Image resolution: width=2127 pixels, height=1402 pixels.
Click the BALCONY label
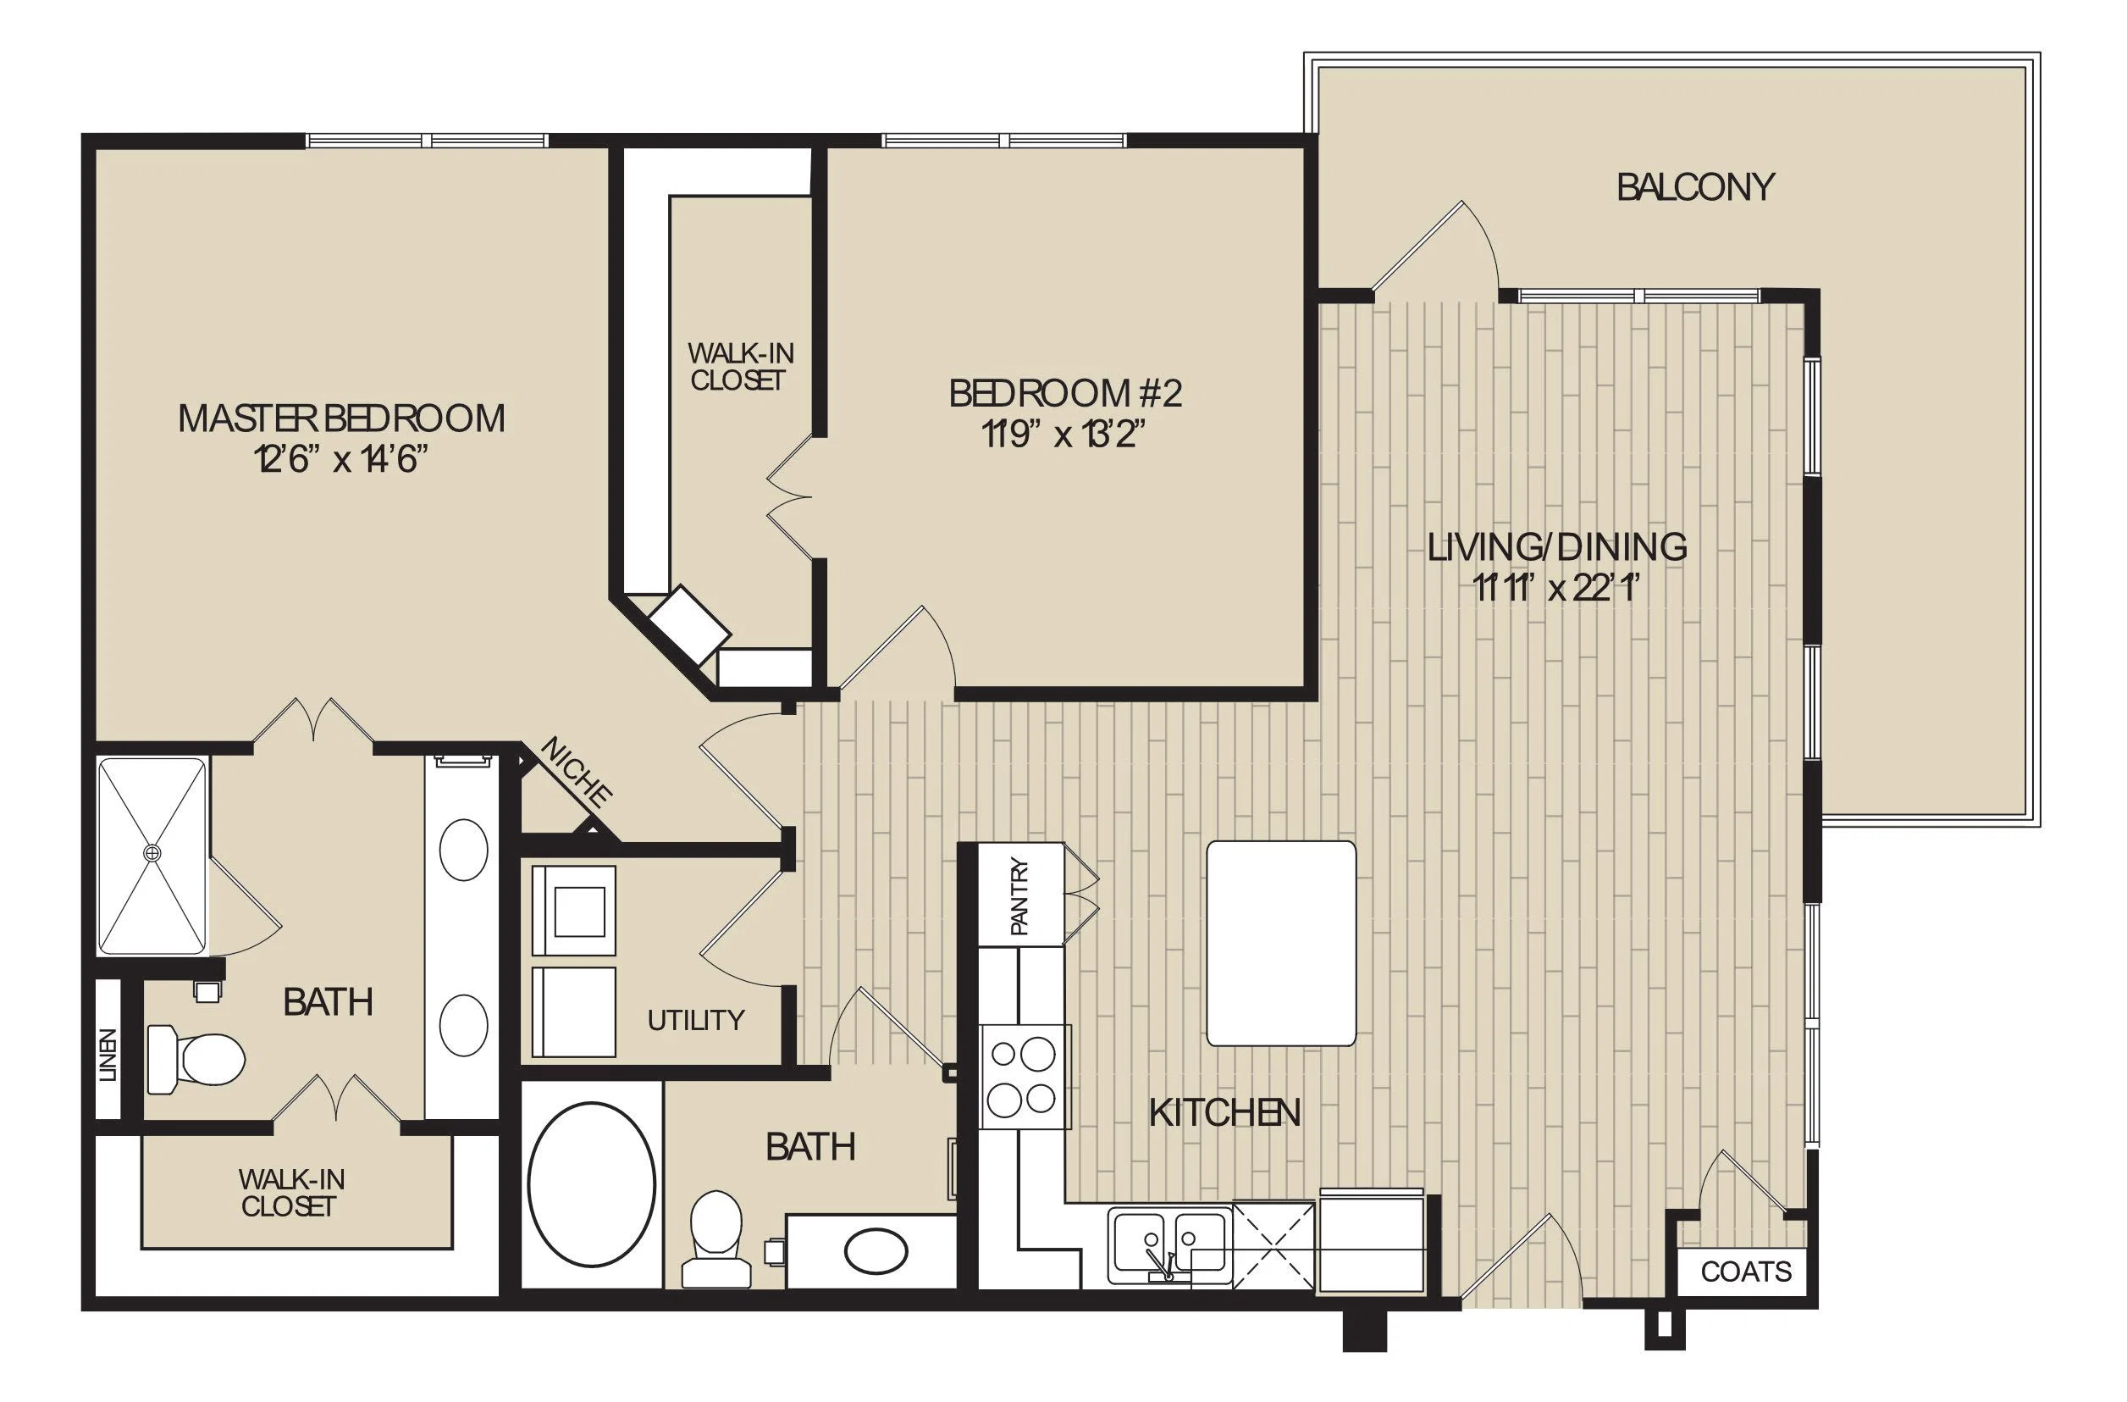pos(1695,187)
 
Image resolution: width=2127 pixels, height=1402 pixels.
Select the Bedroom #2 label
pos(1065,393)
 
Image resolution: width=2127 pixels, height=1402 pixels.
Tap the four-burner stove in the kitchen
pos(1025,1077)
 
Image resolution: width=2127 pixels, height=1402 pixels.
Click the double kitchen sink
pos(1168,1245)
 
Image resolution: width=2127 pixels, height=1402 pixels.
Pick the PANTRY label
pos(1020,897)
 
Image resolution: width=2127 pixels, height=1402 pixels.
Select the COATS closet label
pos(1746,1272)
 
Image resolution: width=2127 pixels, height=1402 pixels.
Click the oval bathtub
pos(591,1185)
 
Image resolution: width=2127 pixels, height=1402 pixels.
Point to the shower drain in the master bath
pos(152,854)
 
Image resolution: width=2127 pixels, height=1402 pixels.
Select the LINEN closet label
pos(108,1055)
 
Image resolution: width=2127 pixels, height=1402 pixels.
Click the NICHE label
pos(577,773)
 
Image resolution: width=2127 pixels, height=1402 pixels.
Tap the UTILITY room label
pos(695,1020)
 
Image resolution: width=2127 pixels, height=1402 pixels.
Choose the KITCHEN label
pos(1224,1113)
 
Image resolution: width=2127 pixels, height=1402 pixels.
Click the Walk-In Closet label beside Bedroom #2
pos(739,367)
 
